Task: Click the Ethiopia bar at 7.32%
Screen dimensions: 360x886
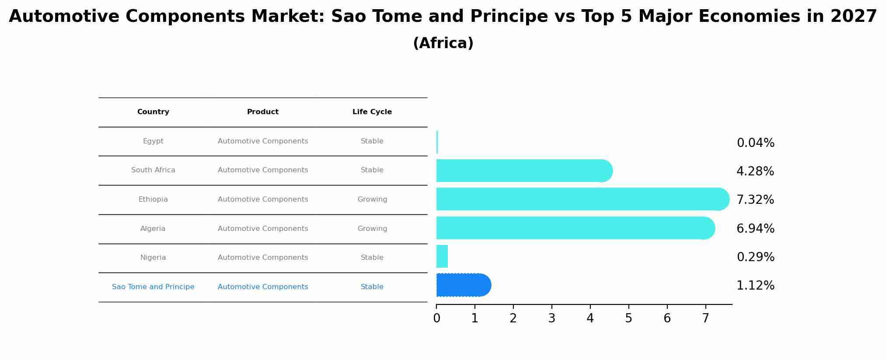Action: [x=582, y=199]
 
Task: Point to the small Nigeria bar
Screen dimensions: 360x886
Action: [x=442, y=256]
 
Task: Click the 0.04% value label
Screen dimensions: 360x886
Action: [x=755, y=143]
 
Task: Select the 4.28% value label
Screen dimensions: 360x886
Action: [x=755, y=171]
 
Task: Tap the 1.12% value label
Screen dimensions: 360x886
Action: [x=755, y=286]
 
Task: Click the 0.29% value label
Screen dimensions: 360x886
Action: [x=755, y=257]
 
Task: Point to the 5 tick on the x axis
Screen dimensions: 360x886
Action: [x=628, y=318]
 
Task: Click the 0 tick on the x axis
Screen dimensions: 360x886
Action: [x=436, y=318]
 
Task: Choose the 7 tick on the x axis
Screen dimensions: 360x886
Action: [x=705, y=318]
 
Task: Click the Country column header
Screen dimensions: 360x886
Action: [x=153, y=112]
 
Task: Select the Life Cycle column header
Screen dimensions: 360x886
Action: [x=372, y=112]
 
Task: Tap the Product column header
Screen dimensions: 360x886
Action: [x=263, y=112]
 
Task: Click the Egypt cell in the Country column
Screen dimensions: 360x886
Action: [x=153, y=141]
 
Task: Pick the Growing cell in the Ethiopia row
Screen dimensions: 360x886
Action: [x=372, y=199]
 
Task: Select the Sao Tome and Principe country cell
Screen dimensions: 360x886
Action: [x=153, y=287]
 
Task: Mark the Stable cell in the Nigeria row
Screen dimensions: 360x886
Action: [x=372, y=258]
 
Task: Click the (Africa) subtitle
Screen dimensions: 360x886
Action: [x=443, y=43]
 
